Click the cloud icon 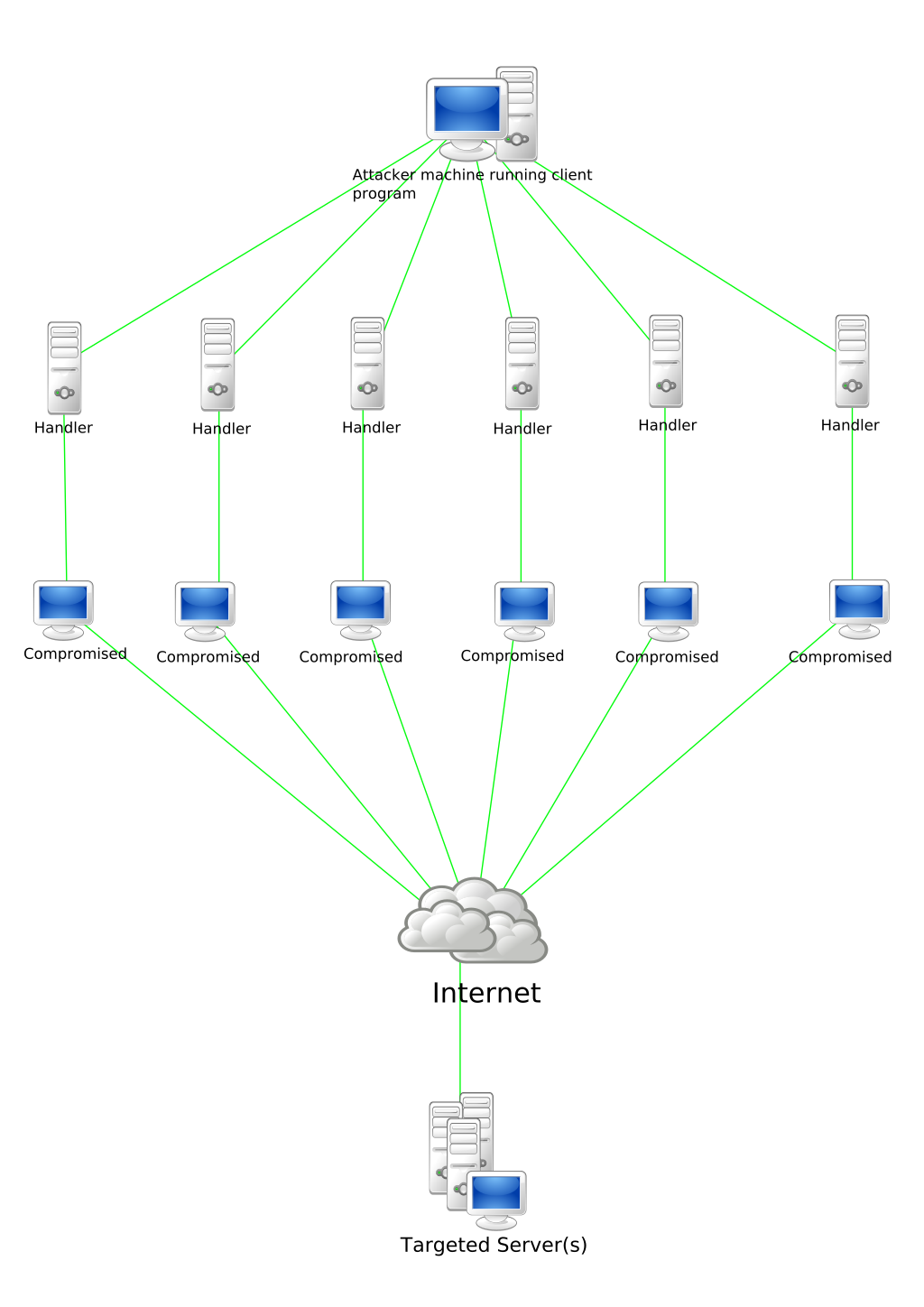(472, 921)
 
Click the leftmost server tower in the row (64, 368)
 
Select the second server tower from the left (217, 365)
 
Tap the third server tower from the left (367, 364)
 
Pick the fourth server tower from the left (522, 364)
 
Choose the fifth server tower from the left (666, 361)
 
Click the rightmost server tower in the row (852, 361)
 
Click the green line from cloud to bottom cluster (460, 1029)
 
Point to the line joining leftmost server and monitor (65, 496)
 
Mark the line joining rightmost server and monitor (852, 496)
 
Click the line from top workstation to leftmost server (257, 246)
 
